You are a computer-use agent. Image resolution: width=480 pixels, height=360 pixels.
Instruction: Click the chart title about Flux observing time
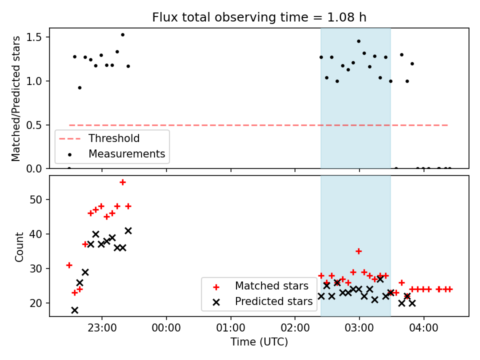259,17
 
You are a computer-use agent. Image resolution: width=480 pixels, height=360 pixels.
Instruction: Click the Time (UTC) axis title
259,342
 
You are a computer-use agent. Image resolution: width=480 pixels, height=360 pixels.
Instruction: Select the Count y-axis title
19,246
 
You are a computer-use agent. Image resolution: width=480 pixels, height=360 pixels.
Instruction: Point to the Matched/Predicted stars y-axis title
16,98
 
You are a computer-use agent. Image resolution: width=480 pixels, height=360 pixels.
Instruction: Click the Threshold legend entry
114,138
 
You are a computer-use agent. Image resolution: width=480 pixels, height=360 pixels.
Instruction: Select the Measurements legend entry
126,154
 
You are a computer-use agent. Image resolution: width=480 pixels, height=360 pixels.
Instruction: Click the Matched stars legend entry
271,286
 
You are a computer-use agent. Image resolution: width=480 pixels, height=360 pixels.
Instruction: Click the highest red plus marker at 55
122,182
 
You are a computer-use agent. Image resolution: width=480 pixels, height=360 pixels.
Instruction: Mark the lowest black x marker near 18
74,310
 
